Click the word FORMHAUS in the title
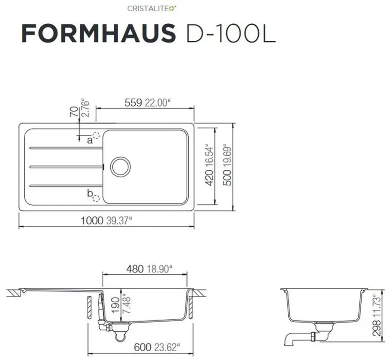[99, 33]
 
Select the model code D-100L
[231, 33]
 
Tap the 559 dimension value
[133, 103]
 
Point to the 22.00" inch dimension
[158, 103]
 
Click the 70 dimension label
[74, 111]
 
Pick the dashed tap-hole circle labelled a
[96, 136]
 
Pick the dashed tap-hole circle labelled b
[96, 198]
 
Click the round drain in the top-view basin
[120, 167]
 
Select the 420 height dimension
[210, 178]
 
